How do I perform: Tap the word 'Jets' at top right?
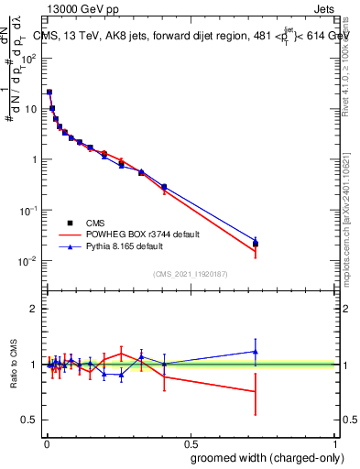coord(323,10)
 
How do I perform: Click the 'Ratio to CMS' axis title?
coord(16,365)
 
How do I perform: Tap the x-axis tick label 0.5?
coord(191,443)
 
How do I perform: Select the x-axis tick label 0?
coord(46,443)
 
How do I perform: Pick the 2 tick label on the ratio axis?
coord(35,309)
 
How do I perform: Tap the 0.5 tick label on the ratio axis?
coord(30,420)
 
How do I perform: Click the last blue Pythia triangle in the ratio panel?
coord(256,351)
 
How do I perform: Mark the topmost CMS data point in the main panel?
coord(49,92)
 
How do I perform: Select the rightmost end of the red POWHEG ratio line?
coord(256,391)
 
